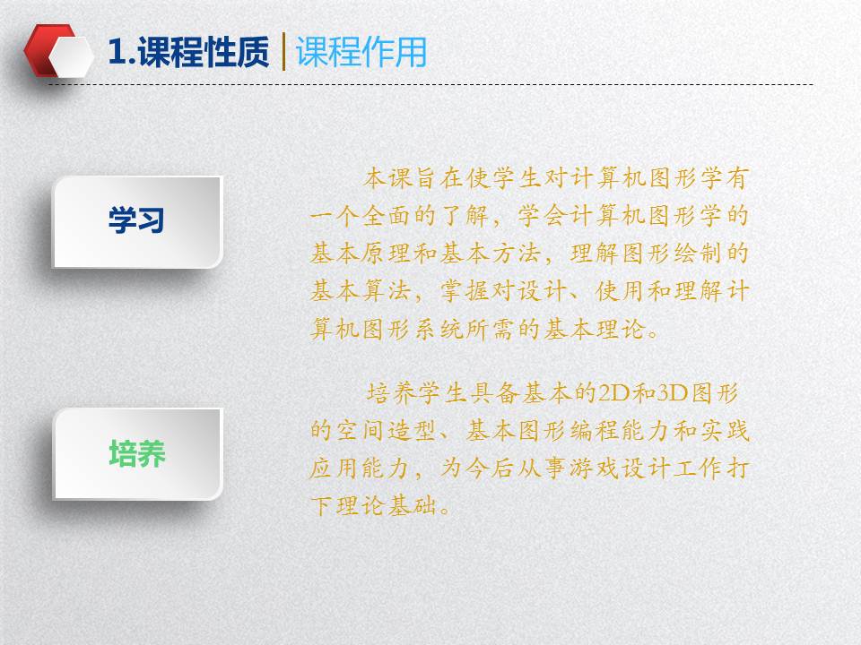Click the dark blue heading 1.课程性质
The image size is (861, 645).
click(x=188, y=52)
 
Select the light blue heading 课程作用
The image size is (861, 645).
click(x=361, y=52)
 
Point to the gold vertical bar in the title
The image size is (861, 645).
click(x=283, y=52)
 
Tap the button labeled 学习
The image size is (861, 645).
click(x=137, y=221)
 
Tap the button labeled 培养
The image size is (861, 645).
click(x=137, y=454)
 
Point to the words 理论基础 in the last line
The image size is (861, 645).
click(x=387, y=505)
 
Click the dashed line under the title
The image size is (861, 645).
click(x=431, y=84)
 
